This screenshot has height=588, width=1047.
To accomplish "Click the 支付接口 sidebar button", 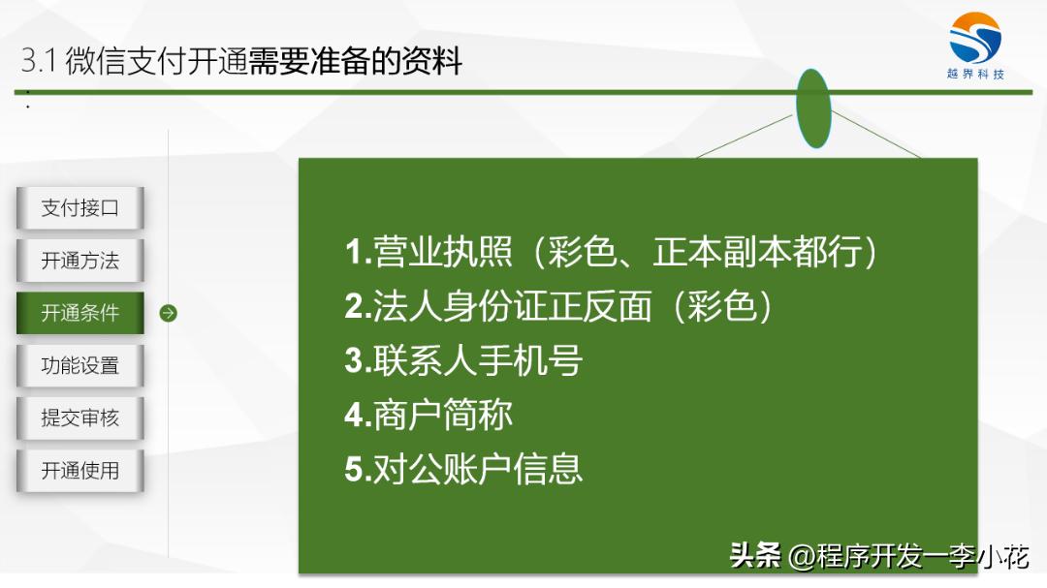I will tap(80, 208).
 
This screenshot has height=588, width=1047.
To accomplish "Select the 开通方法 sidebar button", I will tap(80, 261).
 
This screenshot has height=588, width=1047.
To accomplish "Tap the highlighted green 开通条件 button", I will tap(80, 313).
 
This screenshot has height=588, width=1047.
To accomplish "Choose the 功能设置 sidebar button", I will tap(80, 365).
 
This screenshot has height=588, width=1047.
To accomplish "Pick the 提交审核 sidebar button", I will tap(80, 418).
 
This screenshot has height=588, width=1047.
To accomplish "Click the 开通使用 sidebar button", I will tap(80, 471).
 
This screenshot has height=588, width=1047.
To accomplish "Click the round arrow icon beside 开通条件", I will tap(168, 313).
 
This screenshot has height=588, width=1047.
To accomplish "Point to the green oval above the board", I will tap(813, 108).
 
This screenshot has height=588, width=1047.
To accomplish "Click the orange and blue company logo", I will tap(975, 39).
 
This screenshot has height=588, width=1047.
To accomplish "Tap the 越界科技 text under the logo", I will tap(975, 75).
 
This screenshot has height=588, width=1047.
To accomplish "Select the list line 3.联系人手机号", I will tap(463, 361).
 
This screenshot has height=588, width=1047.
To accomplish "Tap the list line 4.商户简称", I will tap(428, 416).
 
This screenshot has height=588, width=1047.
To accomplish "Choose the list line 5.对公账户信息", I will tap(463, 469).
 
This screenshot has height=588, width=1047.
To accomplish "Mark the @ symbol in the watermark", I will tap(802, 557).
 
